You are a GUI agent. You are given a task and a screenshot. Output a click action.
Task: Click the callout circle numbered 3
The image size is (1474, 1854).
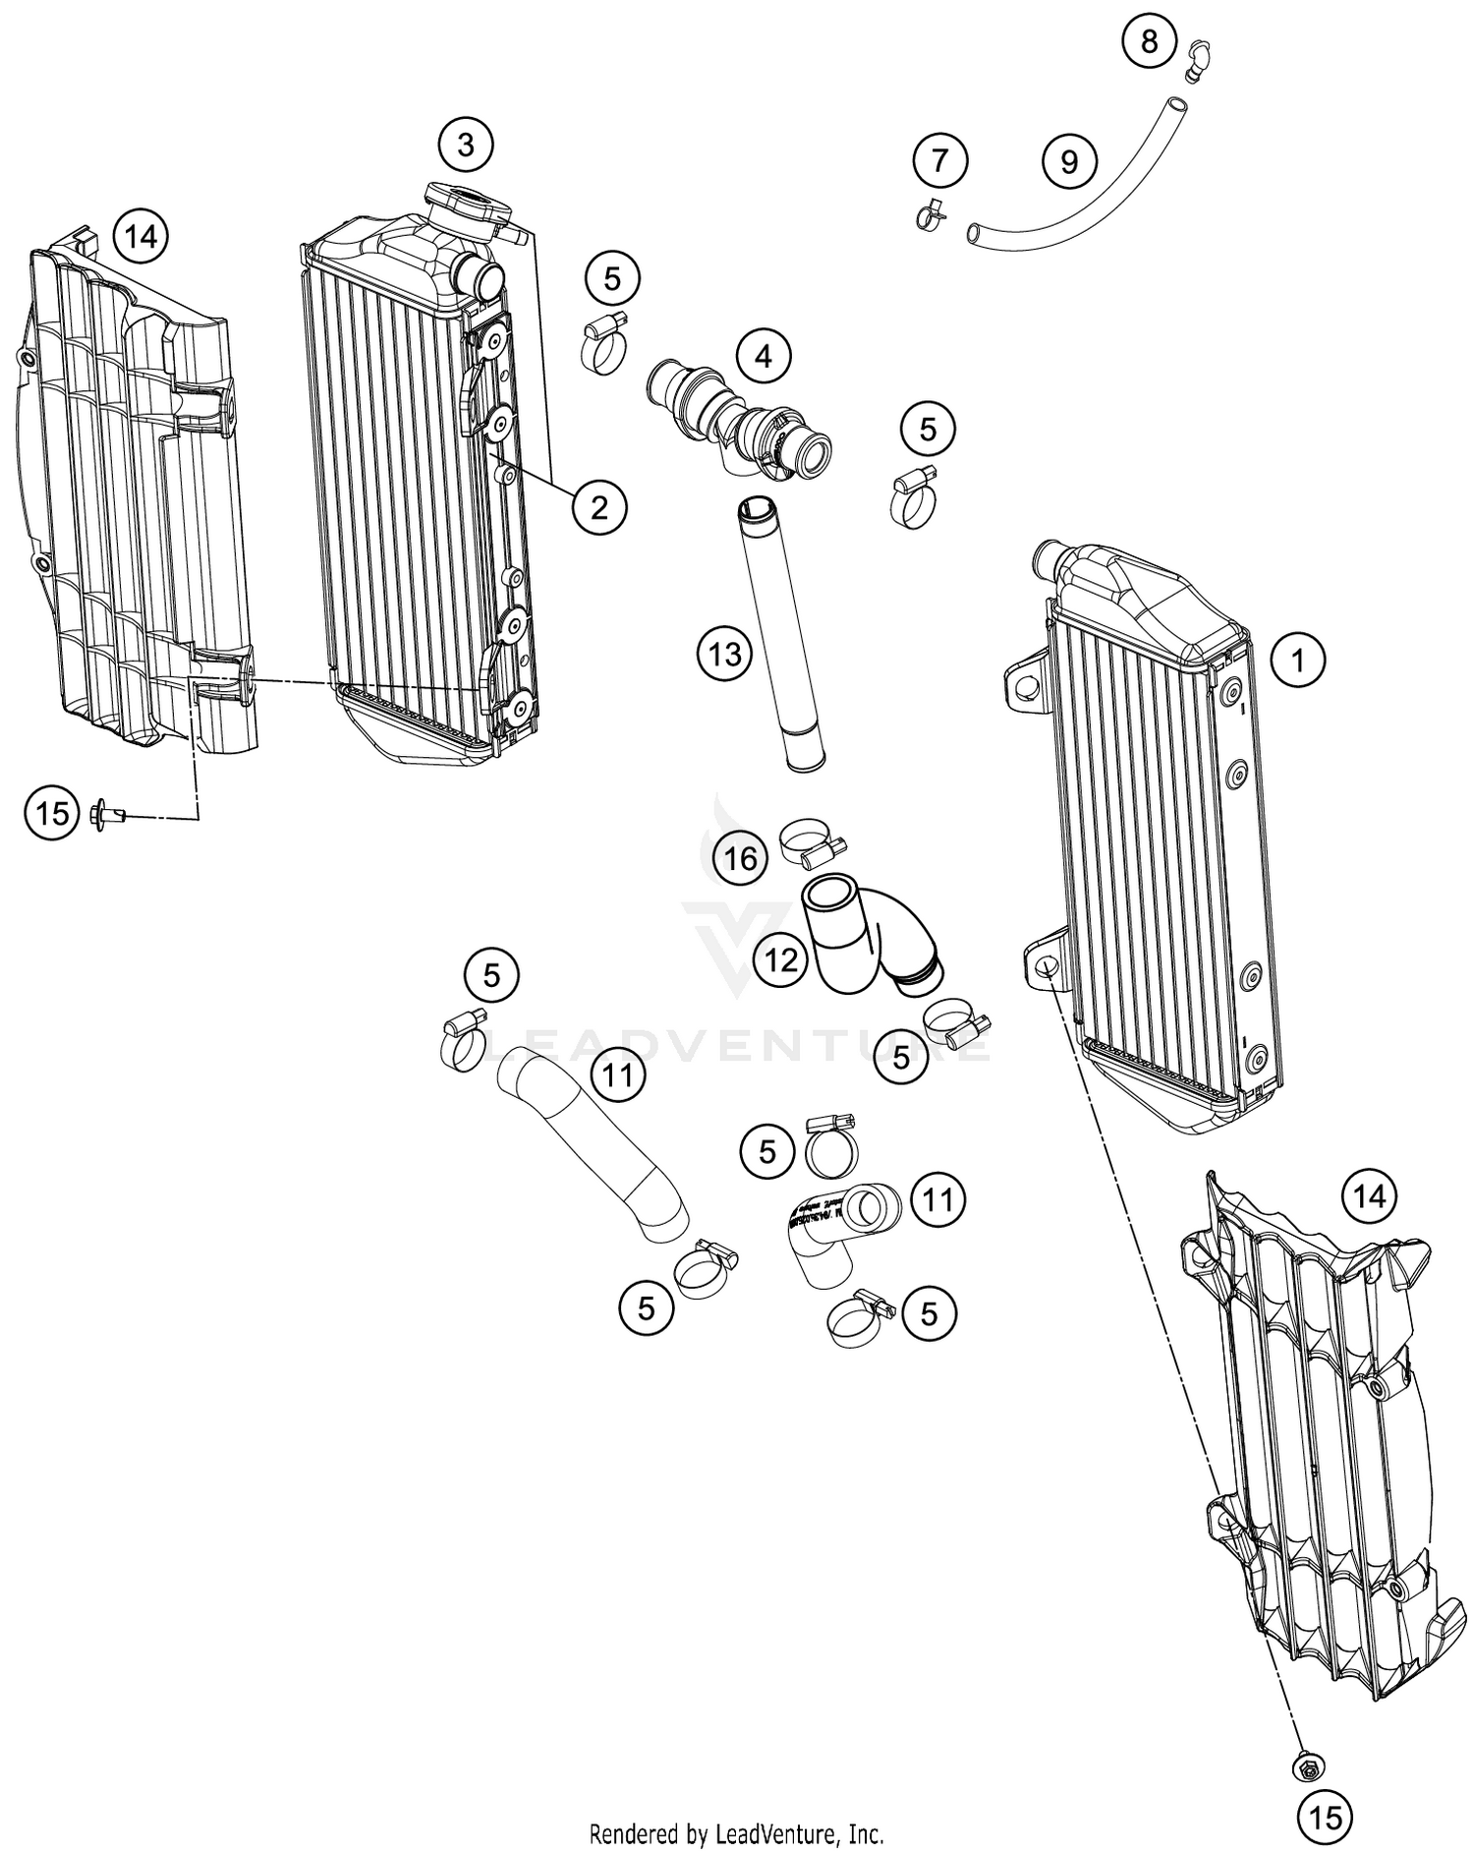(x=466, y=145)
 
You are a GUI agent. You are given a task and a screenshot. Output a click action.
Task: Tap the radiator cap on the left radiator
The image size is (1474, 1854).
(x=467, y=204)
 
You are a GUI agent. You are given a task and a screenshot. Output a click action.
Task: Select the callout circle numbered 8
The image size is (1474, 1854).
(x=1150, y=41)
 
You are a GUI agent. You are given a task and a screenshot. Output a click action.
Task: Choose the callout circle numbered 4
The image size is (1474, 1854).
(x=765, y=357)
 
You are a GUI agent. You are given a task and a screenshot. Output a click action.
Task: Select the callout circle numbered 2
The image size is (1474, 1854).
(x=598, y=507)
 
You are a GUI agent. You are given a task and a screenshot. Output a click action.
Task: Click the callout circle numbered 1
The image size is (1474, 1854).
(x=1298, y=660)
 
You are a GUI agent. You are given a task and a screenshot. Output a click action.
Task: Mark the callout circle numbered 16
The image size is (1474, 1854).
(x=741, y=858)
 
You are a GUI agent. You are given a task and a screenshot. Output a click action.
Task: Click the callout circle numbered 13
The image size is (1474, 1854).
(x=725, y=653)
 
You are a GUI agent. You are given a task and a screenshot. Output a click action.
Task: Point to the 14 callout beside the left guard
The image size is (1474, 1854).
(x=141, y=237)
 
